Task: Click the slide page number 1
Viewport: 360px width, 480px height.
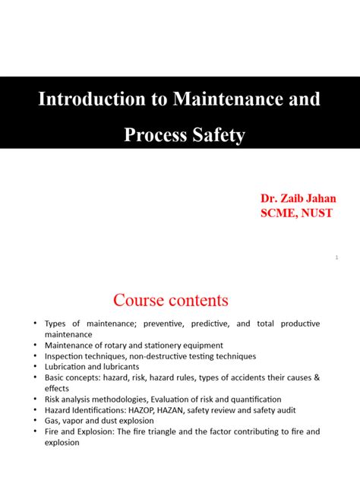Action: (x=335, y=259)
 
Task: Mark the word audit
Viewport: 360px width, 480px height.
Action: (x=264, y=410)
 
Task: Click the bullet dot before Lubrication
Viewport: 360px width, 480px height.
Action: (x=35, y=366)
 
